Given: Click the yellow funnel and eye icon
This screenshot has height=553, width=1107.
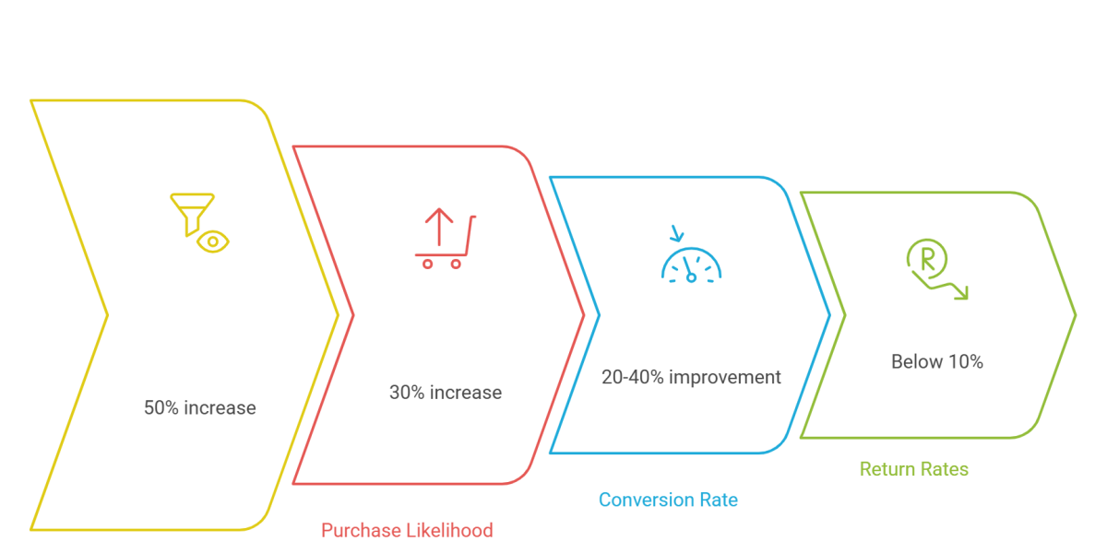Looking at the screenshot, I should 199,222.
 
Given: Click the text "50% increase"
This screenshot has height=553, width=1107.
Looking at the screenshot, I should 199,406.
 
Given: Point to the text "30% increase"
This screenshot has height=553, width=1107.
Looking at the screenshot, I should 446,392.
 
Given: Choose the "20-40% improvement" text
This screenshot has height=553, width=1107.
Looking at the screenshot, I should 691,377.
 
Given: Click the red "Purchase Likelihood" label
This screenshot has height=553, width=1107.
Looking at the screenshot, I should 407,530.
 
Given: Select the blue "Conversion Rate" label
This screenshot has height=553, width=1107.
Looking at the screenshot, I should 668,500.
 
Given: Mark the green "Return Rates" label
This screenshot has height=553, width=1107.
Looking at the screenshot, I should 914,469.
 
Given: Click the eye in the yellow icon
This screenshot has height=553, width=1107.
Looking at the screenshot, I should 215,241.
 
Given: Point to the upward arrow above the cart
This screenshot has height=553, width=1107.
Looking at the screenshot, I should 438,229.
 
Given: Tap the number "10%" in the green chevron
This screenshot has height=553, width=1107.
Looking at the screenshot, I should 965,362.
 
